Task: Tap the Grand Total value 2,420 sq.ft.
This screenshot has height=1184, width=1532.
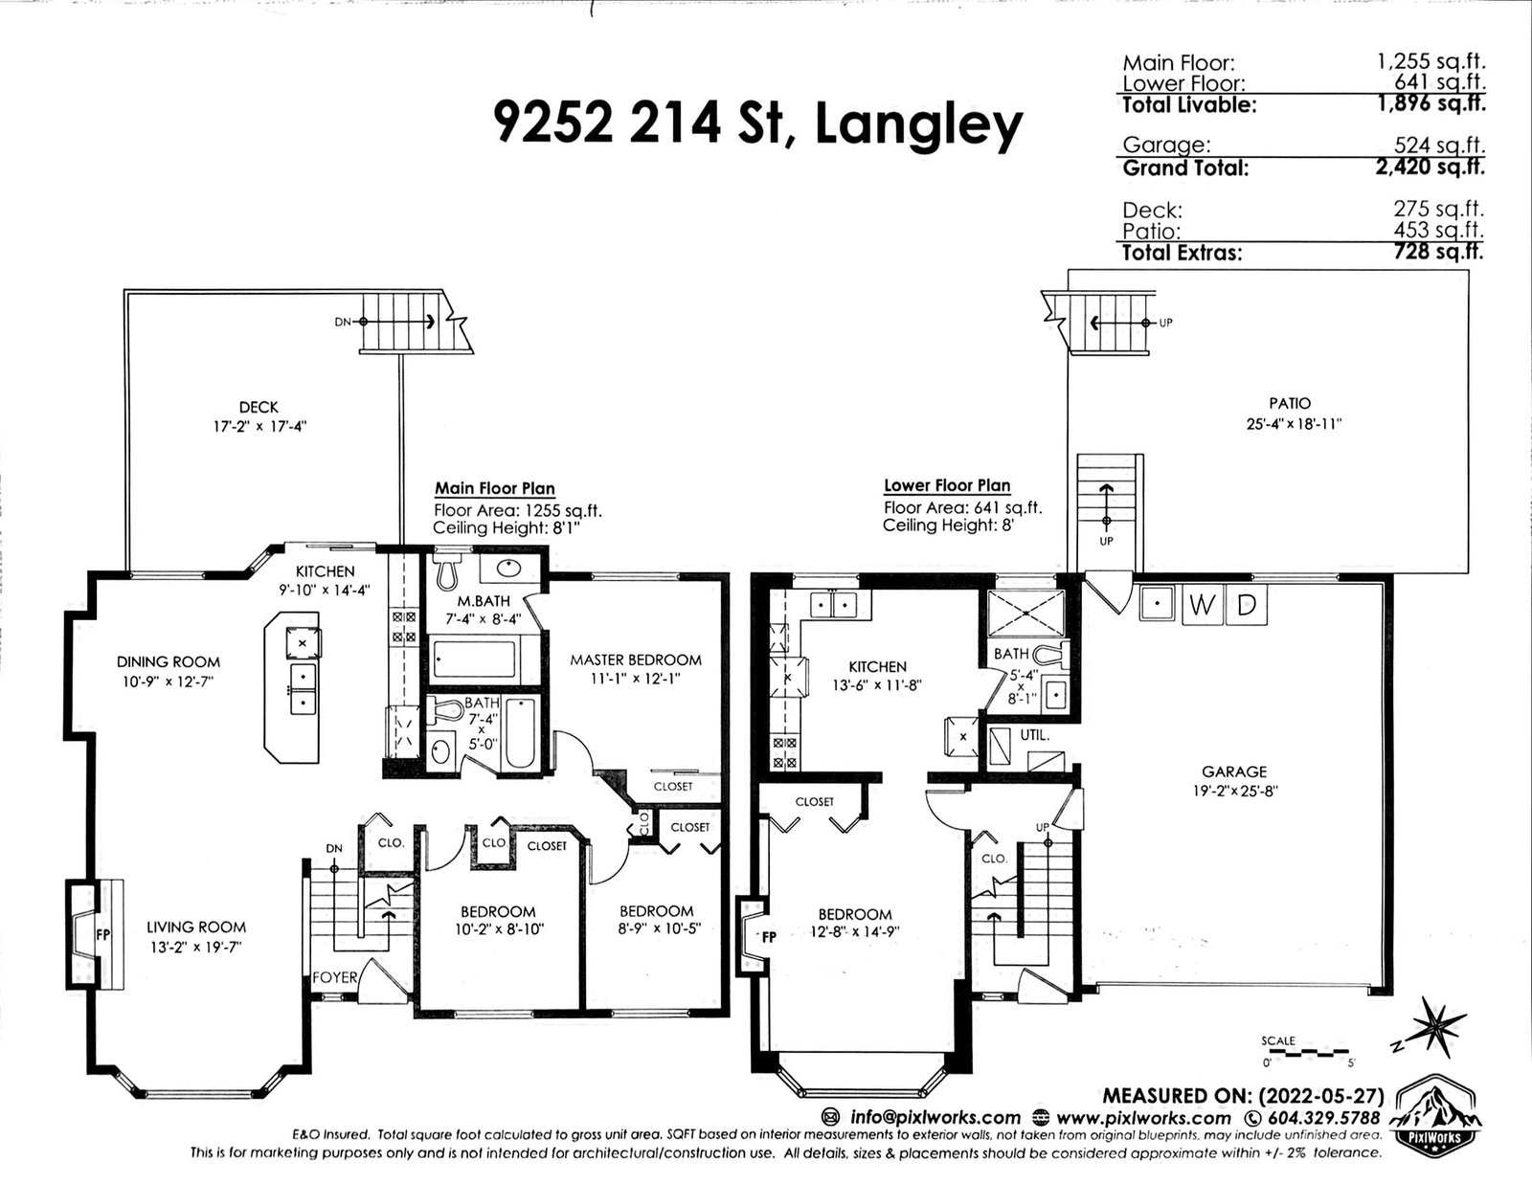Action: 1431,168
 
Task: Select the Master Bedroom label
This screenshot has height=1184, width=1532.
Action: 635,659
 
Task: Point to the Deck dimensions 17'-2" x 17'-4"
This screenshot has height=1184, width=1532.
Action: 260,426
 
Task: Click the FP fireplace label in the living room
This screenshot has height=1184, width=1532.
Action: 103,935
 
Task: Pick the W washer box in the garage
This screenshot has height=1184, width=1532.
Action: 1202,605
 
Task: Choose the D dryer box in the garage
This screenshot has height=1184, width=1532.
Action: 1247,605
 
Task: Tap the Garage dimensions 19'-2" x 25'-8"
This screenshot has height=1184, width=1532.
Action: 1235,791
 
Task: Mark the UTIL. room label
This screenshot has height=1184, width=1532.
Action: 1035,735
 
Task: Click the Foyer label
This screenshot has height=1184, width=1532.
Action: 335,977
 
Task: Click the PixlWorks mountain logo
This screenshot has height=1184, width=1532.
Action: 1436,1115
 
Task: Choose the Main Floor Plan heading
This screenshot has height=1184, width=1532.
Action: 494,488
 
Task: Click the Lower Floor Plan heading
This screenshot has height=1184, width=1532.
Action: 947,485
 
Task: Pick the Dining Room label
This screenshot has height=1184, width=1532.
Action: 169,661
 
